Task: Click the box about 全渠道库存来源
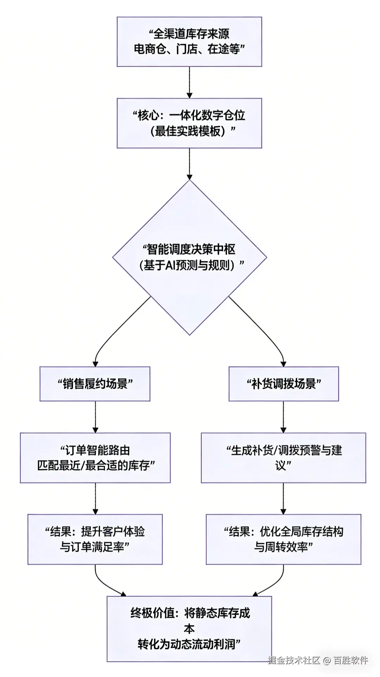point(189,42)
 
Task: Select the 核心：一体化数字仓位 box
point(189,123)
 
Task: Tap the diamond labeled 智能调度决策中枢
point(189,257)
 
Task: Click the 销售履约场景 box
point(95,384)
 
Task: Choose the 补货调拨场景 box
point(284,384)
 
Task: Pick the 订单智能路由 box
point(95,458)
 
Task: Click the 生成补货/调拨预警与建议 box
point(284,458)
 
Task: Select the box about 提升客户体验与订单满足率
point(95,539)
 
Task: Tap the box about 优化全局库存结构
point(284,539)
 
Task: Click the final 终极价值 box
point(189,629)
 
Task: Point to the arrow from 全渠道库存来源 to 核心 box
point(189,82)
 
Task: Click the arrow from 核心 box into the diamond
point(189,164)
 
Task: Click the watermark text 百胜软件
point(351,660)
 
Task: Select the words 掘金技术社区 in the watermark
point(294,660)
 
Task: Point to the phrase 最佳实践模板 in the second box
point(189,131)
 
